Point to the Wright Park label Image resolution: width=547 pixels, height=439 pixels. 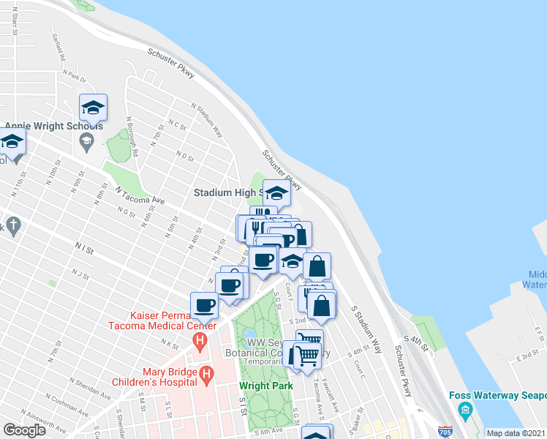pos(266,385)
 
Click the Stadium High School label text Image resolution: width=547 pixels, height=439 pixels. pos(227,193)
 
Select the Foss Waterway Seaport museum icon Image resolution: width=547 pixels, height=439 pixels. pos(466,412)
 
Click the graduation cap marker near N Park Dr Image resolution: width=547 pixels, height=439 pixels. pos(93,108)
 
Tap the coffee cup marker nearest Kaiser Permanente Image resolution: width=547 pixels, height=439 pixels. pos(204,305)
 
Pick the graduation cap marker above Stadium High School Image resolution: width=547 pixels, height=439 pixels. pos(277,193)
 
